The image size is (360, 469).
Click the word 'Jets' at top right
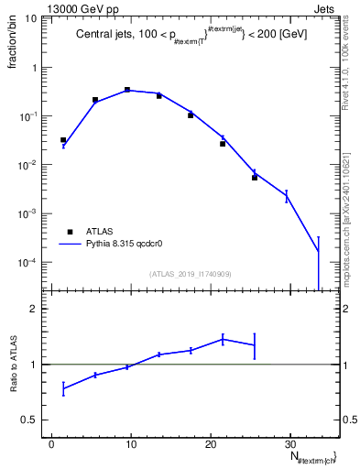tap(327, 7)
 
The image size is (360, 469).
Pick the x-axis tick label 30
tap(290, 443)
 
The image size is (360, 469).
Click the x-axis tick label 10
tap(131, 443)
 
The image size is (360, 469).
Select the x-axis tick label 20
tap(211, 443)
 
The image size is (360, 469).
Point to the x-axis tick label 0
tap(52, 443)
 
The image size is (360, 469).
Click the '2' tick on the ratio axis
tap(38, 309)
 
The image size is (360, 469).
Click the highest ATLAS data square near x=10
tap(127, 90)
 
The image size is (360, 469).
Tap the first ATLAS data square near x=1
tap(63, 140)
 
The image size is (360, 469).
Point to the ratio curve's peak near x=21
tap(223, 339)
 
